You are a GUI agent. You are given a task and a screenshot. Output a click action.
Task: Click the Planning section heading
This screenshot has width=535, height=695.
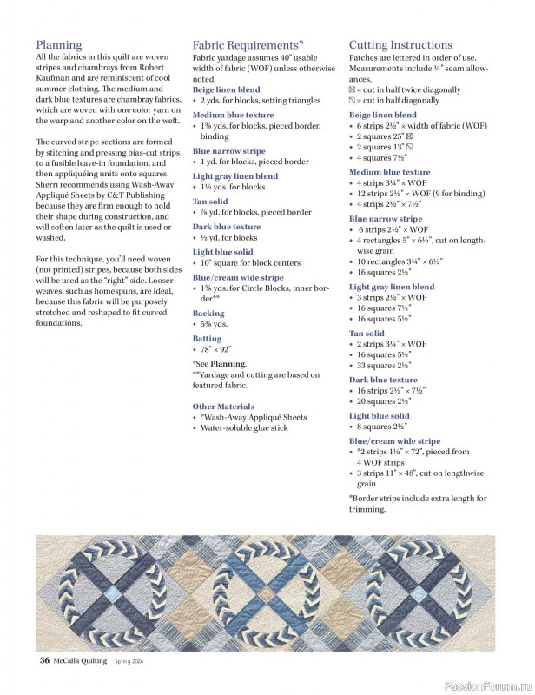point(59,44)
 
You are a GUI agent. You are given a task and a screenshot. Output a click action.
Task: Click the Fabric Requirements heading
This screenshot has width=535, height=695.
point(248,44)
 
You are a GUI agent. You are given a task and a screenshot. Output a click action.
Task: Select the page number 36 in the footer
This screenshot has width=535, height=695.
point(43,660)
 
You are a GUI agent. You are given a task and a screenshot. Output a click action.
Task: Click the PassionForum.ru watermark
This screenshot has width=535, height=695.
point(487,685)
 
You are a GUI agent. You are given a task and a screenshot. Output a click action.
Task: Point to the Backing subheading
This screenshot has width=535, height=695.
point(208,313)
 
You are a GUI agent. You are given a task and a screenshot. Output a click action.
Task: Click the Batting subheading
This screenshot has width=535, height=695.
point(207,339)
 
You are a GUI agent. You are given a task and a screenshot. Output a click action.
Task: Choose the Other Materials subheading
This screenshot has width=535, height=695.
point(223,407)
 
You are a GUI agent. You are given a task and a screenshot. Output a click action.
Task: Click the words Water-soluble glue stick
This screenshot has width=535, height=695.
point(244,428)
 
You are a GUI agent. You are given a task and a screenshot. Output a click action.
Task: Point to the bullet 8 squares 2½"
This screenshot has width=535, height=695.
point(382,427)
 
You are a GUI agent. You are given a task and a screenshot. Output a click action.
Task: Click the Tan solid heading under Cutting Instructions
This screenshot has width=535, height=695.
point(367,333)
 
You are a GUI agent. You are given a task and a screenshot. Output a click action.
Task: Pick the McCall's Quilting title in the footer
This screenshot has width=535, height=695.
point(79,660)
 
